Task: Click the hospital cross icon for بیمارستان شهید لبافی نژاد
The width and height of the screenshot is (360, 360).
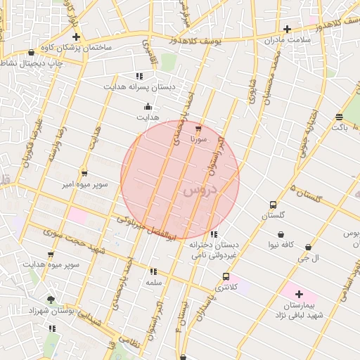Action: click(299, 294)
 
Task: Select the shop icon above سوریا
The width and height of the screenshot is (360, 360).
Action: click(198, 129)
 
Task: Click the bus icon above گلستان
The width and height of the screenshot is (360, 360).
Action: click(273, 205)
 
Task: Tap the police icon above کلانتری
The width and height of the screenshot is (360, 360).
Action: click(226, 277)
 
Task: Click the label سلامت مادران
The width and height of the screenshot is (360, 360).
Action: click(288, 39)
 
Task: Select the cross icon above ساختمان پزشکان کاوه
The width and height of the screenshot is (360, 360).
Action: click(76, 37)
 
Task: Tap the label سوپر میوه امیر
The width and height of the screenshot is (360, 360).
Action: click(84, 184)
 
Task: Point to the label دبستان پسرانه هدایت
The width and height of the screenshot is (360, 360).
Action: click(138, 86)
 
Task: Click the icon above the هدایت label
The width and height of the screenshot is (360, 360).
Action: click(148, 107)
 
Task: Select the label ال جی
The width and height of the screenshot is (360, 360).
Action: click(309, 258)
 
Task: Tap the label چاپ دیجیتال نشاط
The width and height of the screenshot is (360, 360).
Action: click(31, 63)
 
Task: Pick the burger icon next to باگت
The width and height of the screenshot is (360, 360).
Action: click(340, 117)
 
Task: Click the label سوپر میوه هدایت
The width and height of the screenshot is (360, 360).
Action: click(51, 264)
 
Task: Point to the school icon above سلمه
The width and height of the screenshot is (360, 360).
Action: click(153, 271)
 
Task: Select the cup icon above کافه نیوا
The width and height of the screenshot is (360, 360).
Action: click(281, 235)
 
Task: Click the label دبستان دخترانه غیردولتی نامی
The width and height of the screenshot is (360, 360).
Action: click(214, 249)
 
